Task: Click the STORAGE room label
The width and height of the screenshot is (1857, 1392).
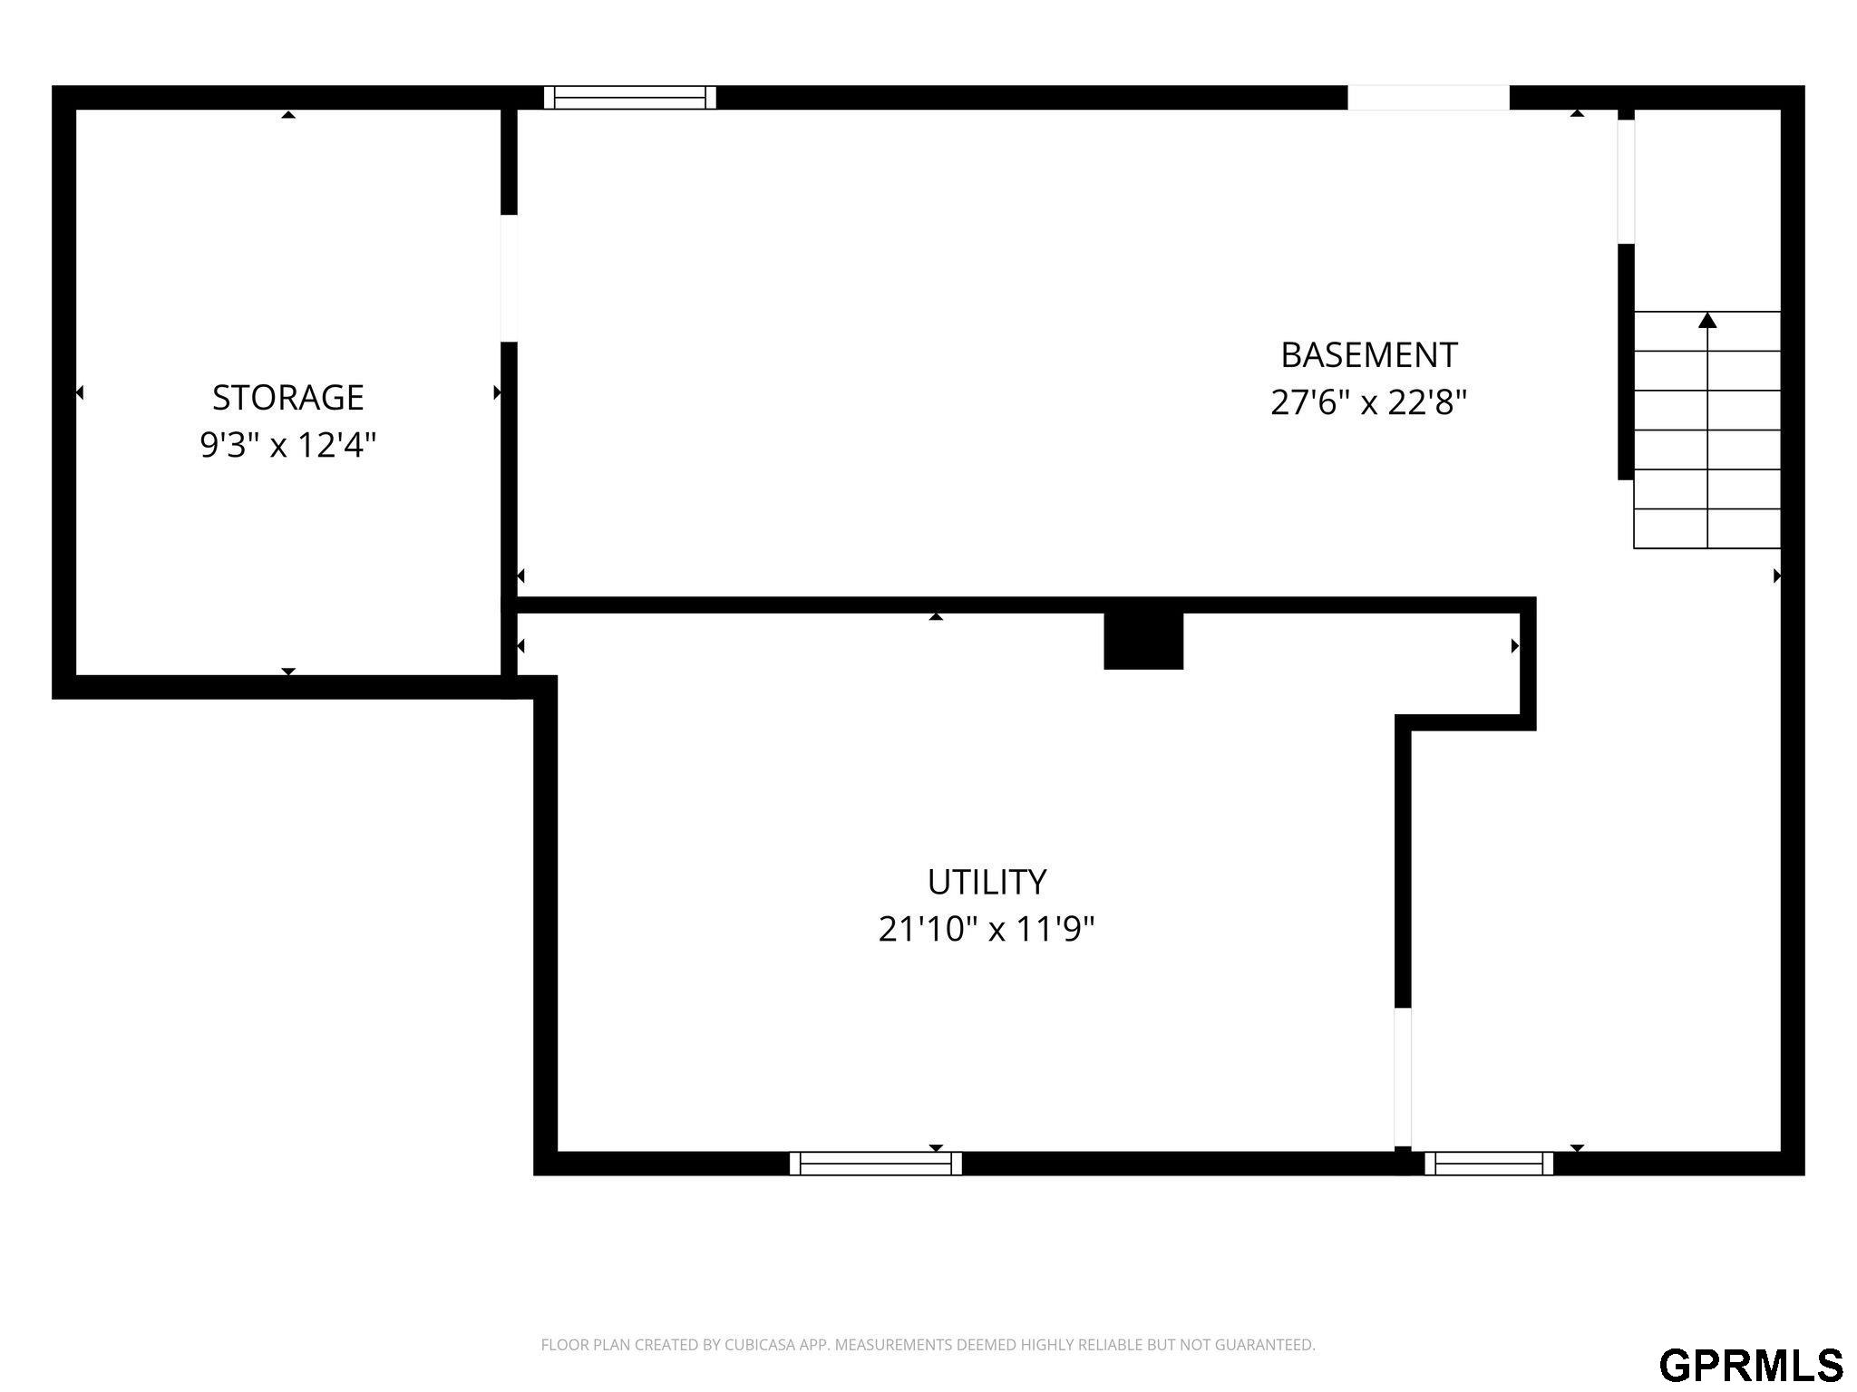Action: (287, 397)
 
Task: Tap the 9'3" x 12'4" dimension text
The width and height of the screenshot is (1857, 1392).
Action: (287, 445)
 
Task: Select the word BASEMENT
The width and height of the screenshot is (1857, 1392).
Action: (1368, 354)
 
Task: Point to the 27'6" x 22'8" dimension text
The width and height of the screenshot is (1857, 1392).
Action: (1368, 401)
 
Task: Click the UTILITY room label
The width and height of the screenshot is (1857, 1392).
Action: (987, 881)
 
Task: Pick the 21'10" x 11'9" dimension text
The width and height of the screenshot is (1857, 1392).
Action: (987, 929)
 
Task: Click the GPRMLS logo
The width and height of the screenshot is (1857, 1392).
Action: (1751, 1365)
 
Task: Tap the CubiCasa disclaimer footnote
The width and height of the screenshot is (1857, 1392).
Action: (928, 1345)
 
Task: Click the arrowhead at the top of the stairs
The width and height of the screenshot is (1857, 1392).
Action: (1707, 320)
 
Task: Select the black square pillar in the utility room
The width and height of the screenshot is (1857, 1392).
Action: (1143, 641)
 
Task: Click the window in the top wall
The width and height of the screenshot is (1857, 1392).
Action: (630, 98)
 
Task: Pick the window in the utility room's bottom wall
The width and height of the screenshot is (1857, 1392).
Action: (876, 1163)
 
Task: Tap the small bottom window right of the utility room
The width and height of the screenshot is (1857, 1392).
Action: (1489, 1163)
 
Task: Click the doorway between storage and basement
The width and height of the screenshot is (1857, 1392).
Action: (510, 278)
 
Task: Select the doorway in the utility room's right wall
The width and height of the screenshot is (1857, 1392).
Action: (1403, 1077)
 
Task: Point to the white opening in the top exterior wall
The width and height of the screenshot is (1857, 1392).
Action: (1428, 98)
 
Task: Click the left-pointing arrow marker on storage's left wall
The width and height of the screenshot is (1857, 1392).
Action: (80, 392)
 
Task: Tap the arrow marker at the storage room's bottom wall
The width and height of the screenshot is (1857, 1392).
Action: (288, 672)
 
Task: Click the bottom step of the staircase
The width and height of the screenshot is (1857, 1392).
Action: (1707, 528)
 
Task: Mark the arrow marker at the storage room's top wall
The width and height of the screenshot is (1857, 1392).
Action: (288, 114)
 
